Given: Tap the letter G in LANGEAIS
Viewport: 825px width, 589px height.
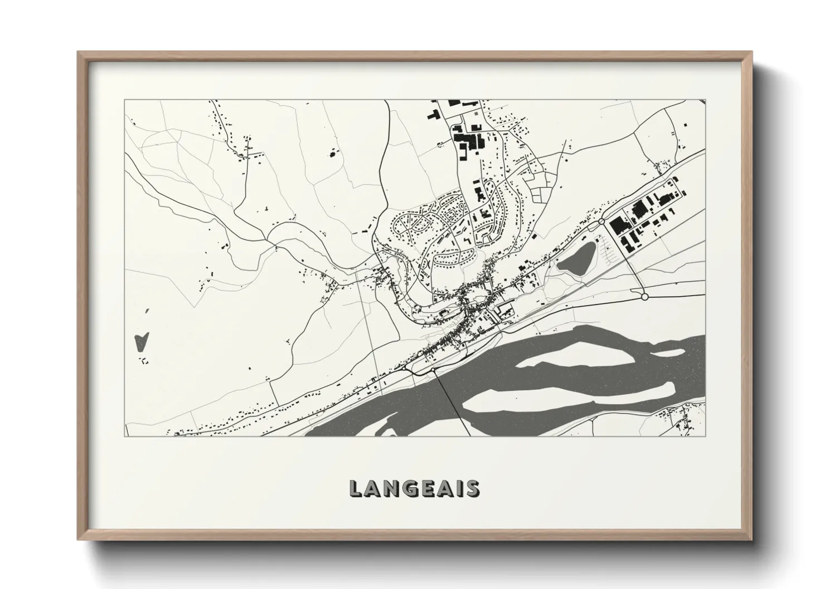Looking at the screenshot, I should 407,489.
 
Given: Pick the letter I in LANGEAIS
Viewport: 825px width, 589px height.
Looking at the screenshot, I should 458,489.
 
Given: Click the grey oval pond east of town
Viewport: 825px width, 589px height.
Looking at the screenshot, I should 576,259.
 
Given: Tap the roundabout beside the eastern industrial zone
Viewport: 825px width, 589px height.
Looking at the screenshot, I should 601,222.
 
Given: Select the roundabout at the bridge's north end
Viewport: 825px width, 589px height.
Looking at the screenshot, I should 433,370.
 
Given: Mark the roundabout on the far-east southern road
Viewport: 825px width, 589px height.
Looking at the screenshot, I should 645,297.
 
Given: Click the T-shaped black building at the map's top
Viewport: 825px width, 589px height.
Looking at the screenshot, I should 434,115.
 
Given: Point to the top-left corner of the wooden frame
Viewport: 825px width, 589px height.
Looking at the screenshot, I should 79,52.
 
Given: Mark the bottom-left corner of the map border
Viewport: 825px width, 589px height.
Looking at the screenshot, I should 124,436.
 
